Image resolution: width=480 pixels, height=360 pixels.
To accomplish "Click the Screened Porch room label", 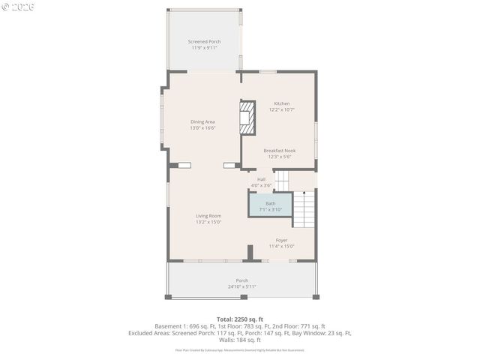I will click(x=204, y=41).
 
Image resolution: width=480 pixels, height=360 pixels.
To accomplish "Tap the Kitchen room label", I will click(x=281, y=103).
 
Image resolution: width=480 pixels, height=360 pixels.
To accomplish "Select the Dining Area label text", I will click(x=202, y=121).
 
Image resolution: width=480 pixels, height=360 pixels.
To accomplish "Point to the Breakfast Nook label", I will click(x=281, y=150).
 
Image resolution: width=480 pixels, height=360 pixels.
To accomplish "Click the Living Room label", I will click(x=208, y=215).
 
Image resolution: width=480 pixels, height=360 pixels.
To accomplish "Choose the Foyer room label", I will click(x=281, y=240).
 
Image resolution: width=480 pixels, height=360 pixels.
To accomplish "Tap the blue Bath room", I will click(x=270, y=206).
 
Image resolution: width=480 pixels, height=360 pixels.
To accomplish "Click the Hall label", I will click(x=261, y=179).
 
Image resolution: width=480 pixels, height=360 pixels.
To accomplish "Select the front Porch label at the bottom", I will click(x=241, y=280).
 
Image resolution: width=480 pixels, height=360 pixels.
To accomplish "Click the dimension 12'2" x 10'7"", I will click(x=281, y=109).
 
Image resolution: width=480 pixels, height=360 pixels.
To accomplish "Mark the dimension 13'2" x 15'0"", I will click(x=208, y=221).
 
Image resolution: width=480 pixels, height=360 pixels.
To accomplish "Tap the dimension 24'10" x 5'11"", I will click(x=241, y=286).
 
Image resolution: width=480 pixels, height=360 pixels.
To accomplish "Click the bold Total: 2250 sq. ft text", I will click(x=240, y=319).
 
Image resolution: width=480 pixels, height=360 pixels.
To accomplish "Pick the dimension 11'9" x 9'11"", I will click(x=204, y=47).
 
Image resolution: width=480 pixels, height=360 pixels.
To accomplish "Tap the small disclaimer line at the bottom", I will click(x=240, y=349).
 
